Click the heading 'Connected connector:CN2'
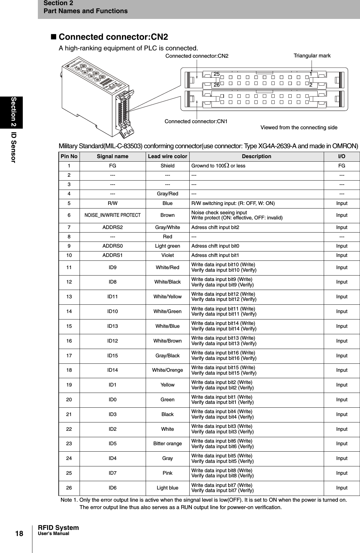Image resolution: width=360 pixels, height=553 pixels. click(113, 37)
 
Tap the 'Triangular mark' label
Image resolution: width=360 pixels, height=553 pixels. click(312, 56)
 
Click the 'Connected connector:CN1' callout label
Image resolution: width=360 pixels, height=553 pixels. click(196, 122)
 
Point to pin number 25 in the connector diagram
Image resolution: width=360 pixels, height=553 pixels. click(217, 74)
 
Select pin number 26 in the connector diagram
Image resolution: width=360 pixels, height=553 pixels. click(217, 85)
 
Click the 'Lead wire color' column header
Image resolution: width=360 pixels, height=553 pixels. click(167, 157)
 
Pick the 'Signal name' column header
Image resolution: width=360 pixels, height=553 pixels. click(112, 157)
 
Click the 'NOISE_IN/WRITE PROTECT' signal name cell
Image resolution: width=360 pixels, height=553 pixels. click(112, 215)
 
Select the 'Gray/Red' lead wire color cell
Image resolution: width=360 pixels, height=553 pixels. click(167, 194)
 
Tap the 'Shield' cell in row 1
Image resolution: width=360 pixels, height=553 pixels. click(167, 166)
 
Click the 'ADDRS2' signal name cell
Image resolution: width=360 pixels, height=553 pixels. click(112, 227)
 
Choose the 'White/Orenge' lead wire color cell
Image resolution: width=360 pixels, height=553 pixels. click(167, 370)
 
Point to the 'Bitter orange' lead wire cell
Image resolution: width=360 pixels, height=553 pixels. click(167, 444)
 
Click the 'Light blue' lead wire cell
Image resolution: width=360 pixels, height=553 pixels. click(167, 488)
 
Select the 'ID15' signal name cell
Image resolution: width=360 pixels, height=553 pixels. click(112, 355)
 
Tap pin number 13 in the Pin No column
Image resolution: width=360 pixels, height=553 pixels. click(69, 297)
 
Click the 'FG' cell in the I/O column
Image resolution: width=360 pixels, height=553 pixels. click(341, 166)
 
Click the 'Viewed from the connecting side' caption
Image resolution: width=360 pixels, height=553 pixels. click(299, 128)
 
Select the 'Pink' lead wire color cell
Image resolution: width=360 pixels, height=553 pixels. click(167, 473)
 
